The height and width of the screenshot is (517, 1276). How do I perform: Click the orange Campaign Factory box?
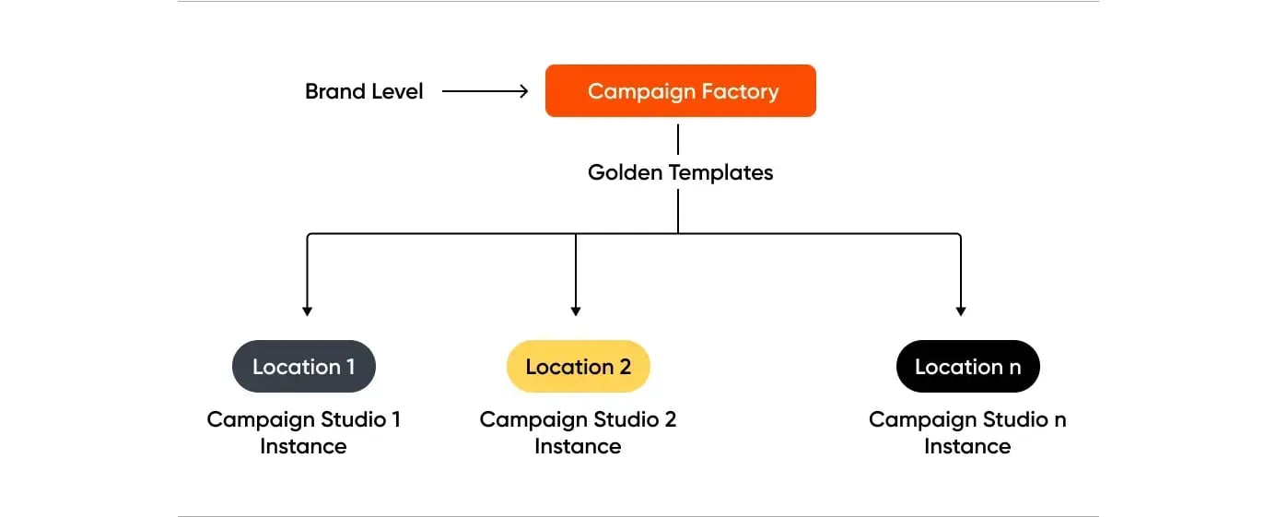pos(680,91)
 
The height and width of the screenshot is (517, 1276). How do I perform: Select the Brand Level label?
pos(364,91)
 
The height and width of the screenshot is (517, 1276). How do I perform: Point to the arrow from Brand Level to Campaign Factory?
pos(485,91)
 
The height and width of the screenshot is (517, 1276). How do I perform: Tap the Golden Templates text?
pos(680,172)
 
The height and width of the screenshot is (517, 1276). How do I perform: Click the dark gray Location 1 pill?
pos(303,367)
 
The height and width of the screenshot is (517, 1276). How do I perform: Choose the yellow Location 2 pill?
pos(578,367)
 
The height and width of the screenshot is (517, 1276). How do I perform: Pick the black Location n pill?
pos(967,367)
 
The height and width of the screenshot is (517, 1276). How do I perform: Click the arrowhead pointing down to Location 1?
pos(307,311)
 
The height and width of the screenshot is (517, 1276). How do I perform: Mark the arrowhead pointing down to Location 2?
pos(575,311)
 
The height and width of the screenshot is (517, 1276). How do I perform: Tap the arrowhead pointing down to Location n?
pos(961,311)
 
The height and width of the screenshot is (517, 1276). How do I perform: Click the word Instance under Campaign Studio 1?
pos(303,447)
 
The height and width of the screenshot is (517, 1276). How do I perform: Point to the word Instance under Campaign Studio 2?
pos(578,447)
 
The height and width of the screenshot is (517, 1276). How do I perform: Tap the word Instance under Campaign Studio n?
pos(967,447)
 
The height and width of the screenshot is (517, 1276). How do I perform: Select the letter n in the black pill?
pos(1014,368)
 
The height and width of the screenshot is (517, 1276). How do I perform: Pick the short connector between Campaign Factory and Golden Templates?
pos(678,139)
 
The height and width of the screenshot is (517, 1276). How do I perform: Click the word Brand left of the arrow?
pos(334,91)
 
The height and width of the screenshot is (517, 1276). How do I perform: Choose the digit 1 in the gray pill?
pos(350,367)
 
